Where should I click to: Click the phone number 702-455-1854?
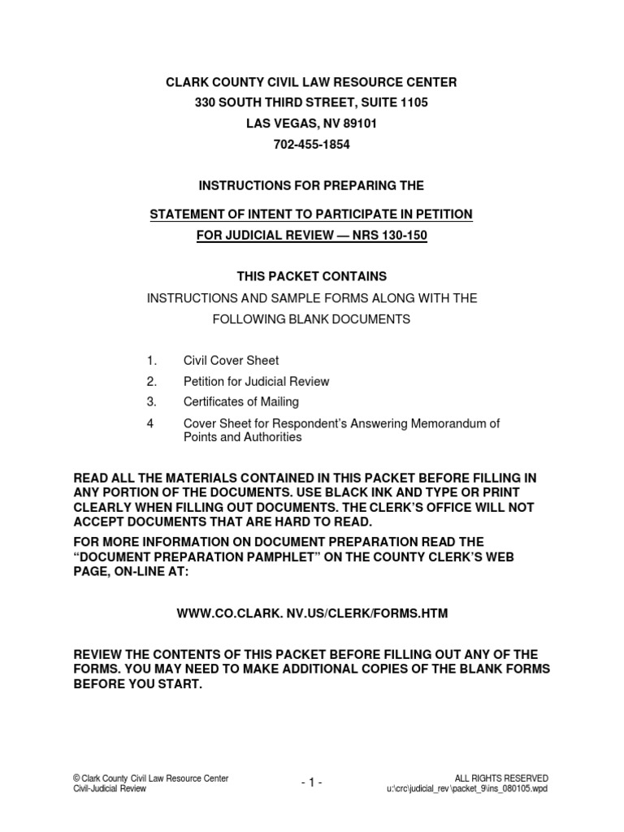click(312, 145)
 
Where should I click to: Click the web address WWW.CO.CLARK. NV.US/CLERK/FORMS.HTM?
click(312, 614)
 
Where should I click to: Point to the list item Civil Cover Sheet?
click(231, 361)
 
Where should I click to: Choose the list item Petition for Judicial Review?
click(256, 381)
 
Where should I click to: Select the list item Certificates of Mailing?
click(241, 401)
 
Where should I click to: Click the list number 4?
click(150, 423)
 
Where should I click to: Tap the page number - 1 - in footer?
click(312, 782)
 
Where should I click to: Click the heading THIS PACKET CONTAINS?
click(312, 277)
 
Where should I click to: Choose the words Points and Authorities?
click(242, 437)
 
